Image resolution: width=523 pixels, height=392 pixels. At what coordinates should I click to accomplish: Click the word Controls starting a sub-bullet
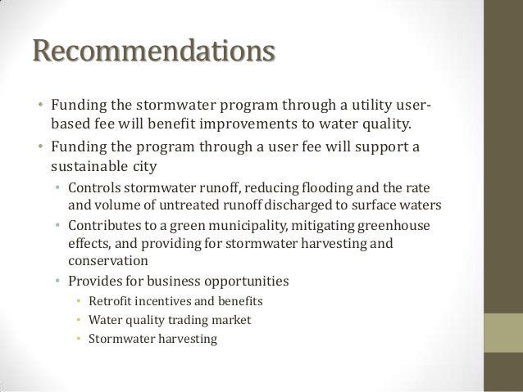95,187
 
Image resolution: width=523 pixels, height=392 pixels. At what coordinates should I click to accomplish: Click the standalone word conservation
107,262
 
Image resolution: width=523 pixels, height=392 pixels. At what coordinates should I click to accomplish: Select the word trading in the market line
190,318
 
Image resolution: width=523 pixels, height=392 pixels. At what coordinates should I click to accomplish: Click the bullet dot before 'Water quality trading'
78,319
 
